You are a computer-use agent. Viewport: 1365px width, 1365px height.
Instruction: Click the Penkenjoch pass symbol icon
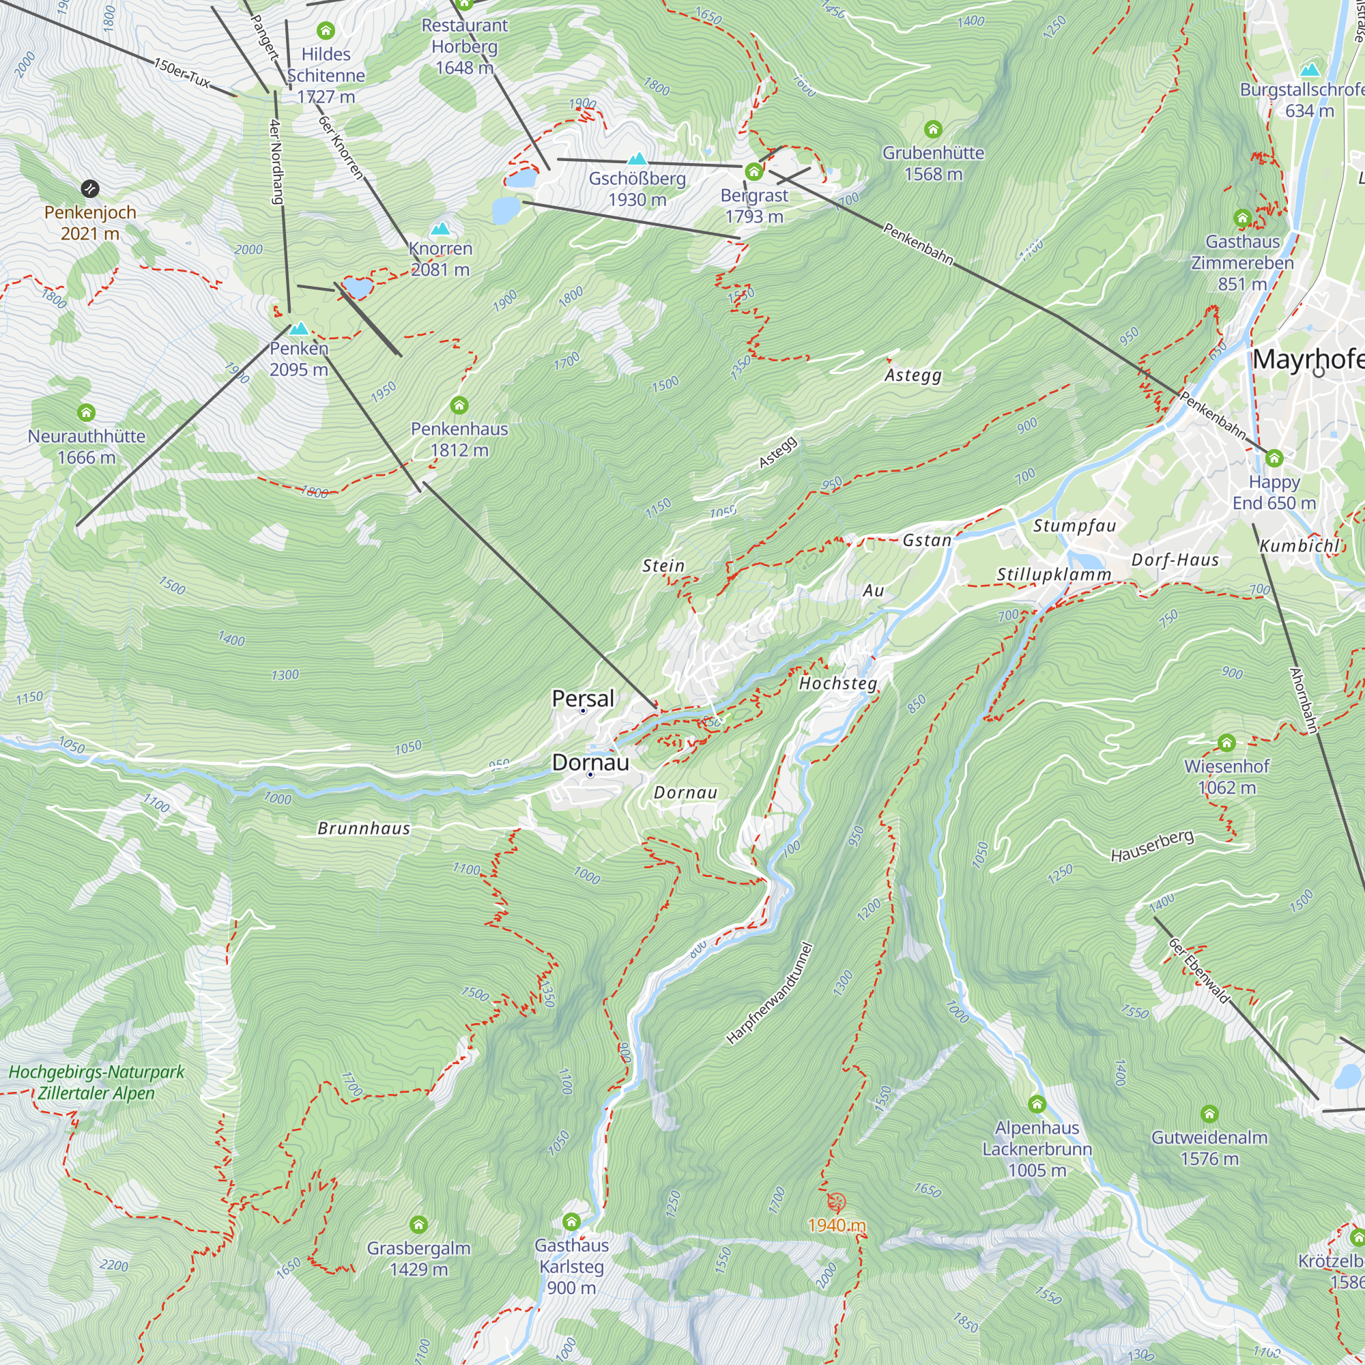pos(89,188)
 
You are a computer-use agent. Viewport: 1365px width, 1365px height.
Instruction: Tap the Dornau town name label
pos(590,762)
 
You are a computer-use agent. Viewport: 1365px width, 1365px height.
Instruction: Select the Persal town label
pos(583,698)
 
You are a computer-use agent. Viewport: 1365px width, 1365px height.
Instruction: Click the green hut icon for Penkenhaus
pos(459,405)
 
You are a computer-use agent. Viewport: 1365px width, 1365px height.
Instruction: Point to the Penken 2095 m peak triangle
pos(299,328)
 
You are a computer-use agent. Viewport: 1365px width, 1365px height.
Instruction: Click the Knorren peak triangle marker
pos(440,229)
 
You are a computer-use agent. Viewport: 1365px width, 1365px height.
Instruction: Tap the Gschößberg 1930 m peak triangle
pos(637,159)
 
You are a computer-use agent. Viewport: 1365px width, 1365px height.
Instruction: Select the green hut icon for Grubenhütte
pos(932,129)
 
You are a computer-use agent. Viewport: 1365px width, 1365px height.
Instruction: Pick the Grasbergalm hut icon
pos(418,1224)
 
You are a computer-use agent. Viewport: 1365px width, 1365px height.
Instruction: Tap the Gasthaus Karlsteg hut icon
pos(571,1222)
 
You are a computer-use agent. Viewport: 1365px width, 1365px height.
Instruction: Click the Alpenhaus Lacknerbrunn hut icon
pos(1037,1104)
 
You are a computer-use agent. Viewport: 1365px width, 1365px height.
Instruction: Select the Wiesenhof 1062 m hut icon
pos(1226,743)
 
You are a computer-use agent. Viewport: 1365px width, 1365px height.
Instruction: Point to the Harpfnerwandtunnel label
pos(769,993)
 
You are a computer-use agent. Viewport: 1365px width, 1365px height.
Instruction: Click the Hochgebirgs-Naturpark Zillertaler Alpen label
pos(96,1082)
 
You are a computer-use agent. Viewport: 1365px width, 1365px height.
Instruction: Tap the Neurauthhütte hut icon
pos(86,412)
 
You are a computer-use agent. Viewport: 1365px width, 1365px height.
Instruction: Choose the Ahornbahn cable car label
pos(1304,700)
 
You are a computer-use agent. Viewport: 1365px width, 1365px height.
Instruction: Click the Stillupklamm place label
pos(1053,575)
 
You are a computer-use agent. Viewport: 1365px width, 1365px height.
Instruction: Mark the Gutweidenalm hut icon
pos(1209,1115)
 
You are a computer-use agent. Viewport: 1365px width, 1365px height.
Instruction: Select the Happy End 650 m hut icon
pos(1274,459)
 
